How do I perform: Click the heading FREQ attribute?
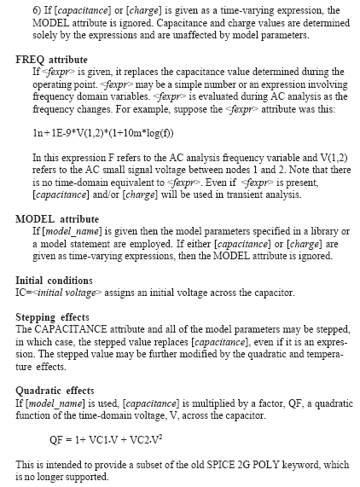pos(52,60)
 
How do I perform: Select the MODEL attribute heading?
pos(57,219)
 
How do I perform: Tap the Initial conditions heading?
pos(66,281)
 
